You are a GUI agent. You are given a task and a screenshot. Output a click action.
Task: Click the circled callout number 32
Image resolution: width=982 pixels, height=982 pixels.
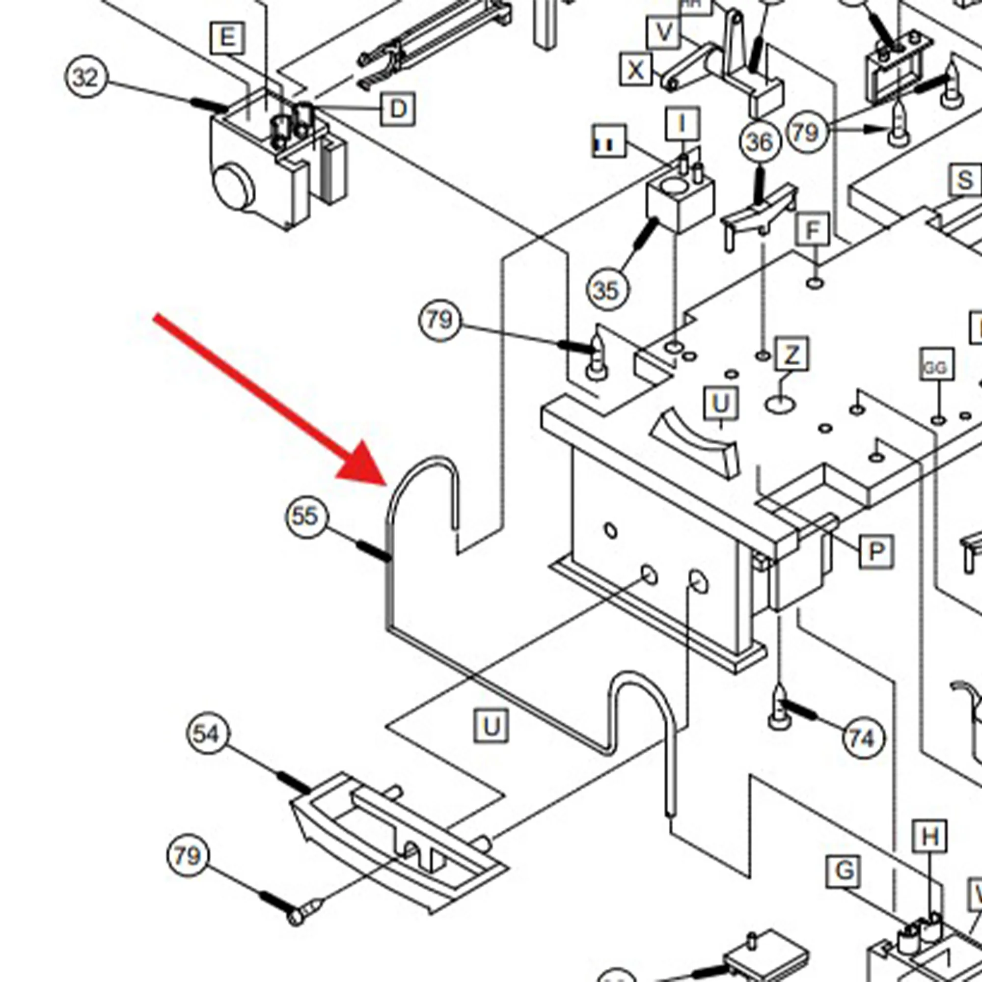[86, 78]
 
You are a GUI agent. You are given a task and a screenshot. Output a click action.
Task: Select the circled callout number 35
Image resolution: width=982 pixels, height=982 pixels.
[607, 290]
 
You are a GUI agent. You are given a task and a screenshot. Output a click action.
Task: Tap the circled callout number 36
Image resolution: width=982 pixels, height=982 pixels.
[760, 142]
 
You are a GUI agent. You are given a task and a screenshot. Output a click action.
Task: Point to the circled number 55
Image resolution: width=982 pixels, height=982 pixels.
[306, 517]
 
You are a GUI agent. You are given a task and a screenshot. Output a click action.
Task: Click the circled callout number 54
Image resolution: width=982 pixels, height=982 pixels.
[208, 734]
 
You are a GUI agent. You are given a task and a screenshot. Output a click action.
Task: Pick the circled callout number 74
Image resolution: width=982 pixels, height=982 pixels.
[863, 738]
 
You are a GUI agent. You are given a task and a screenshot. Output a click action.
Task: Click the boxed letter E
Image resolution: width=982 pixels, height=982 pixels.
[227, 38]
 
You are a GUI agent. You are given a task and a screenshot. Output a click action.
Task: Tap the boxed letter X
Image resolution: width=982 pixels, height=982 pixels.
[636, 70]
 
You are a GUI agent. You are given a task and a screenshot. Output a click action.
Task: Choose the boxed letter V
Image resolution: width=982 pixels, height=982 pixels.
[664, 32]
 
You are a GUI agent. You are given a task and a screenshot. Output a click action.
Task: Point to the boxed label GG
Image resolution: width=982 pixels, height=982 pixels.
[936, 367]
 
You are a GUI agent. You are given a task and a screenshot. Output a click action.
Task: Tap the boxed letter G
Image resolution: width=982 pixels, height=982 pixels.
[844, 871]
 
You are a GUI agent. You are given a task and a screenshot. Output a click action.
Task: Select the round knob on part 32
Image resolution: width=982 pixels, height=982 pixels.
[233, 186]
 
